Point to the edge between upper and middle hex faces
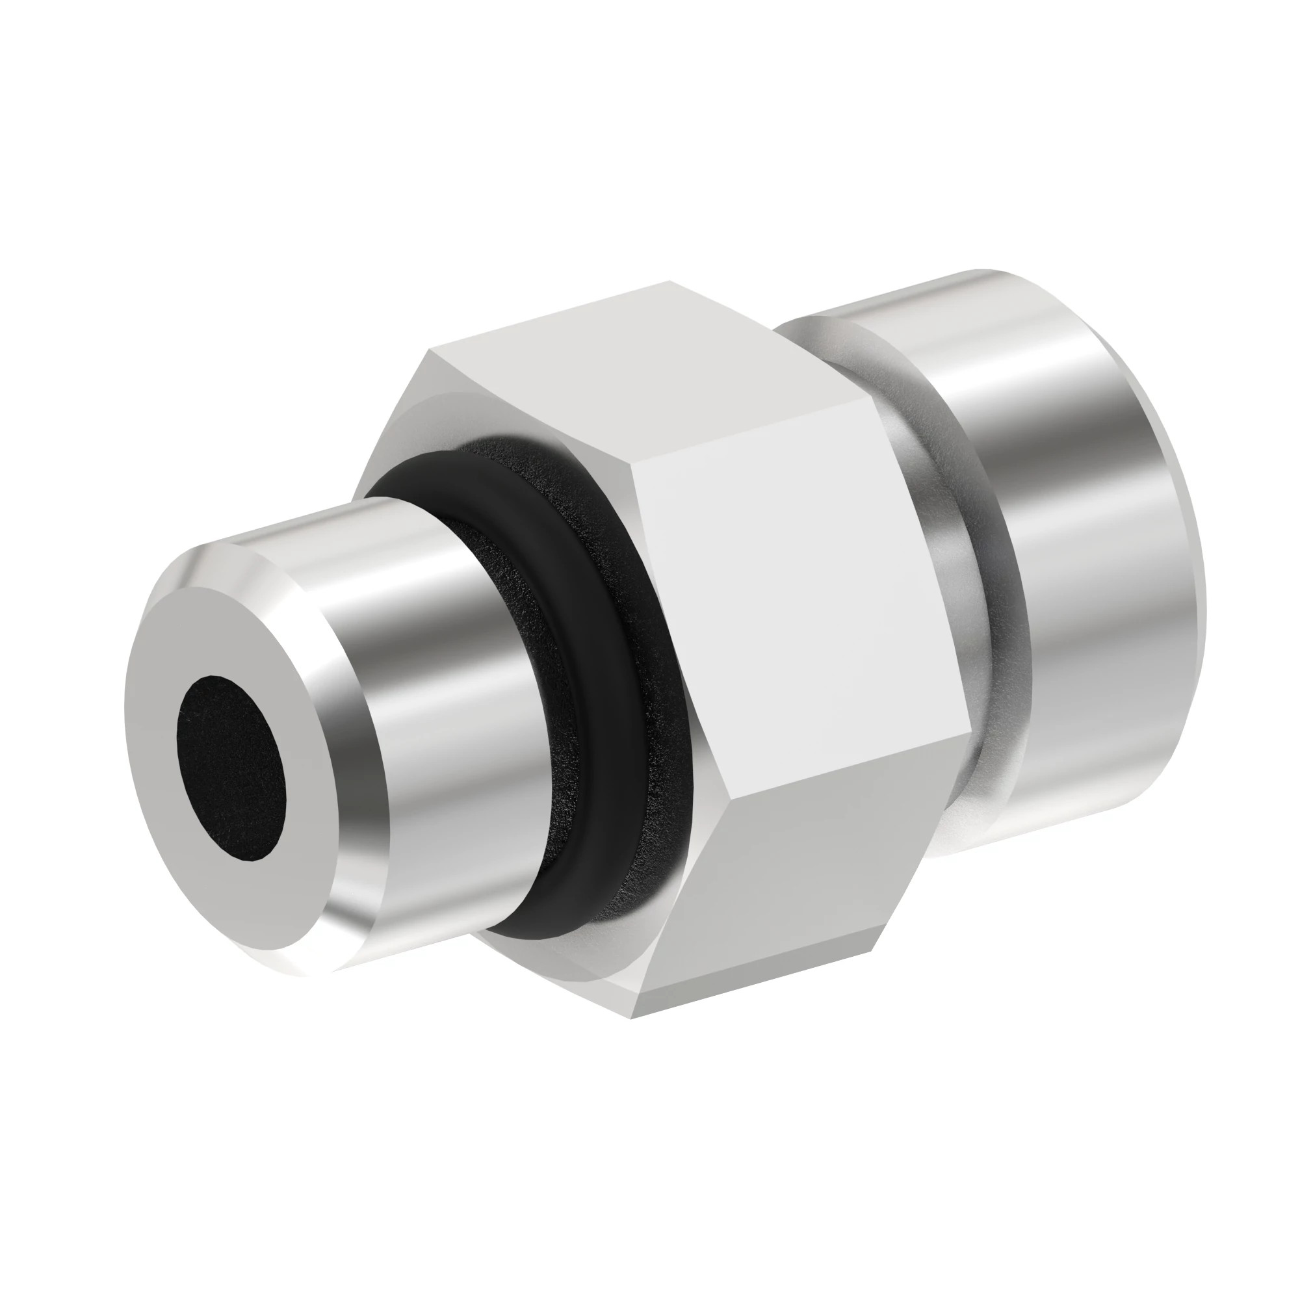point(740,431)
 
